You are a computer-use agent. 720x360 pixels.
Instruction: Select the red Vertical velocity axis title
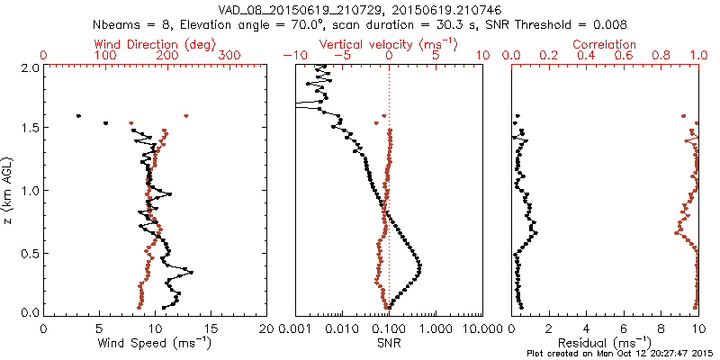[x=389, y=44]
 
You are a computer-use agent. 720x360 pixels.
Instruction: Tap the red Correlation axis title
[x=605, y=44]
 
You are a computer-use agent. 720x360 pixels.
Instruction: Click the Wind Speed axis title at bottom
[x=156, y=343]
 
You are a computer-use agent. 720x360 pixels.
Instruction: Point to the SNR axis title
[x=389, y=343]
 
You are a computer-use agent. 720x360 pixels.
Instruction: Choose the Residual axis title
[x=605, y=343]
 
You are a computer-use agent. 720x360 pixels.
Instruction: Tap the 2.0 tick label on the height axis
[x=29, y=67]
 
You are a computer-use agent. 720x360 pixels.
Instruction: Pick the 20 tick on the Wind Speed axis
[x=266, y=328]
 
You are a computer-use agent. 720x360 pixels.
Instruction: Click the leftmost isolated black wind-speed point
[x=78, y=116]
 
